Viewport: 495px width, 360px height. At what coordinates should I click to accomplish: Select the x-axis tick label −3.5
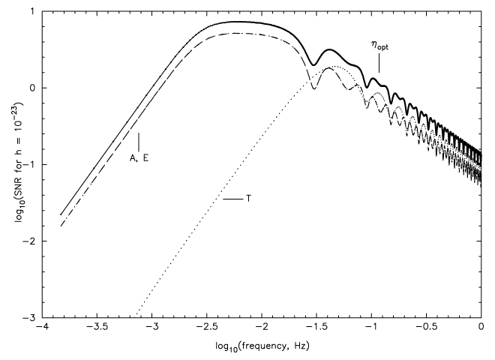coord(97,328)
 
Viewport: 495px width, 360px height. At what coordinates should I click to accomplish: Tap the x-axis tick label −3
coord(152,328)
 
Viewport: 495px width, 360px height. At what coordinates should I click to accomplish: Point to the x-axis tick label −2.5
coord(207,328)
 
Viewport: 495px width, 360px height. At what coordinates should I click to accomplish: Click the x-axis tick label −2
coord(262,328)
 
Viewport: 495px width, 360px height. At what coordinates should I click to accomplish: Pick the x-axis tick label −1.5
coord(316,328)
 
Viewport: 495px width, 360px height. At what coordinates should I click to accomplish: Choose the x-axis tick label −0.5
coord(426,328)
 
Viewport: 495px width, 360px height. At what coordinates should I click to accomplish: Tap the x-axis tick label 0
coord(481,328)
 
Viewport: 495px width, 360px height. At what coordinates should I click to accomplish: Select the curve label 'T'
coord(248,199)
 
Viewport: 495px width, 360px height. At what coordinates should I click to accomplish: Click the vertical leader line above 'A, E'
coord(139,141)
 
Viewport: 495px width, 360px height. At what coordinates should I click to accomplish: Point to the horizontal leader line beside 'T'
coord(232,199)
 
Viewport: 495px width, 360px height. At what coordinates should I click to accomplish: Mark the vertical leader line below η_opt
coord(379,64)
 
